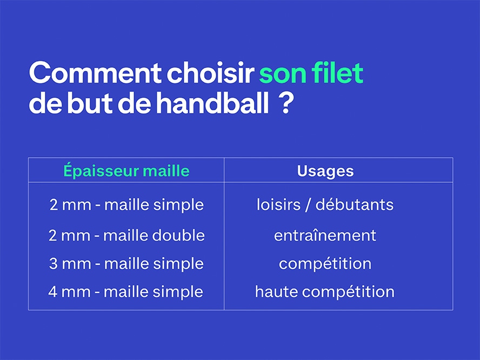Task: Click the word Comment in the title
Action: click(95, 73)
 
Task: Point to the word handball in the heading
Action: click(213, 103)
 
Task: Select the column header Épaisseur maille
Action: click(126, 170)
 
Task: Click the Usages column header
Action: click(325, 171)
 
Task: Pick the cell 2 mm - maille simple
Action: click(126, 205)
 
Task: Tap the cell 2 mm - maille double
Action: click(126, 235)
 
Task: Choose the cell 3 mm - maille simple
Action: click(126, 264)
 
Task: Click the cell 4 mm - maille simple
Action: click(126, 292)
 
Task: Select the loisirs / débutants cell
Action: click(325, 204)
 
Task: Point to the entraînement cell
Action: click(325, 236)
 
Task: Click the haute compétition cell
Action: click(325, 292)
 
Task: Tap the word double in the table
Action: click(178, 235)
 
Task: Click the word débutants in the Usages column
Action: click(355, 204)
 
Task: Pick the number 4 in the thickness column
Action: click(52, 292)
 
